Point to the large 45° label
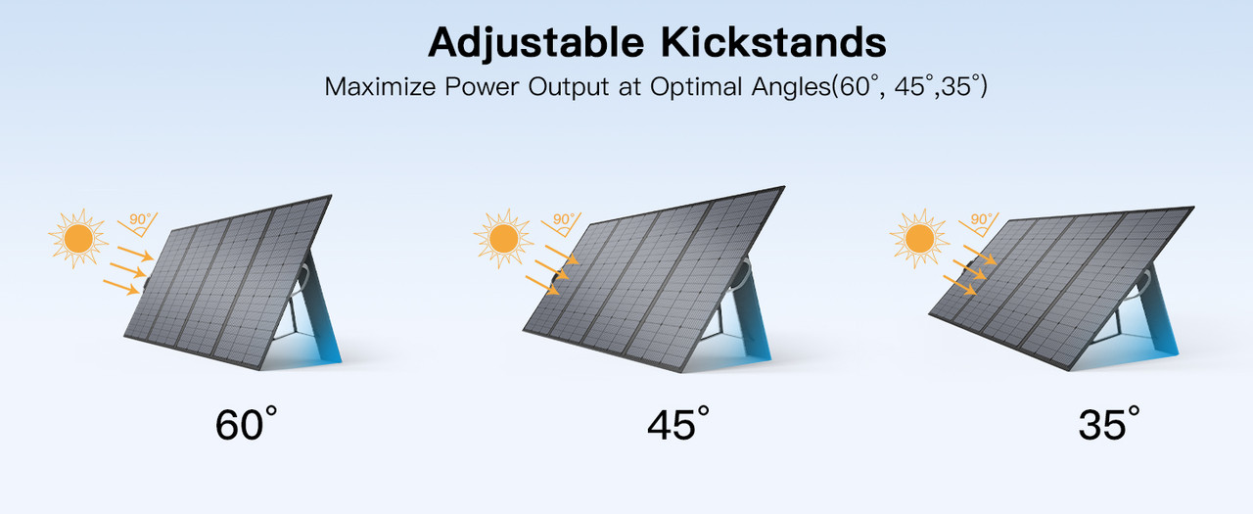pos(677,425)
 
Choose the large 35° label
pos(1109,425)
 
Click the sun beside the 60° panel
pos(77,238)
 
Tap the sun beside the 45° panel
pos(503,238)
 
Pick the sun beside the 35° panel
pos(919,238)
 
